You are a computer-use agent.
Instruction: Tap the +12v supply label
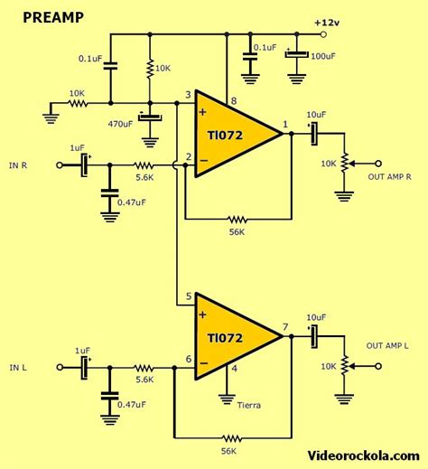click(x=327, y=22)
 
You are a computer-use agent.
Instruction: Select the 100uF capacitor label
click(x=324, y=55)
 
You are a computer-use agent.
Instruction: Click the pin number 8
click(x=233, y=101)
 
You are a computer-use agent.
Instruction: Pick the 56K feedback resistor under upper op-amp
click(x=237, y=219)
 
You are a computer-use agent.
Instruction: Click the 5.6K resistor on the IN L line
click(x=144, y=368)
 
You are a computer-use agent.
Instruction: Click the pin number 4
click(x=235, y=367)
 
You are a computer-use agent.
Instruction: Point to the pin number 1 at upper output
click(x=285, y=124)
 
